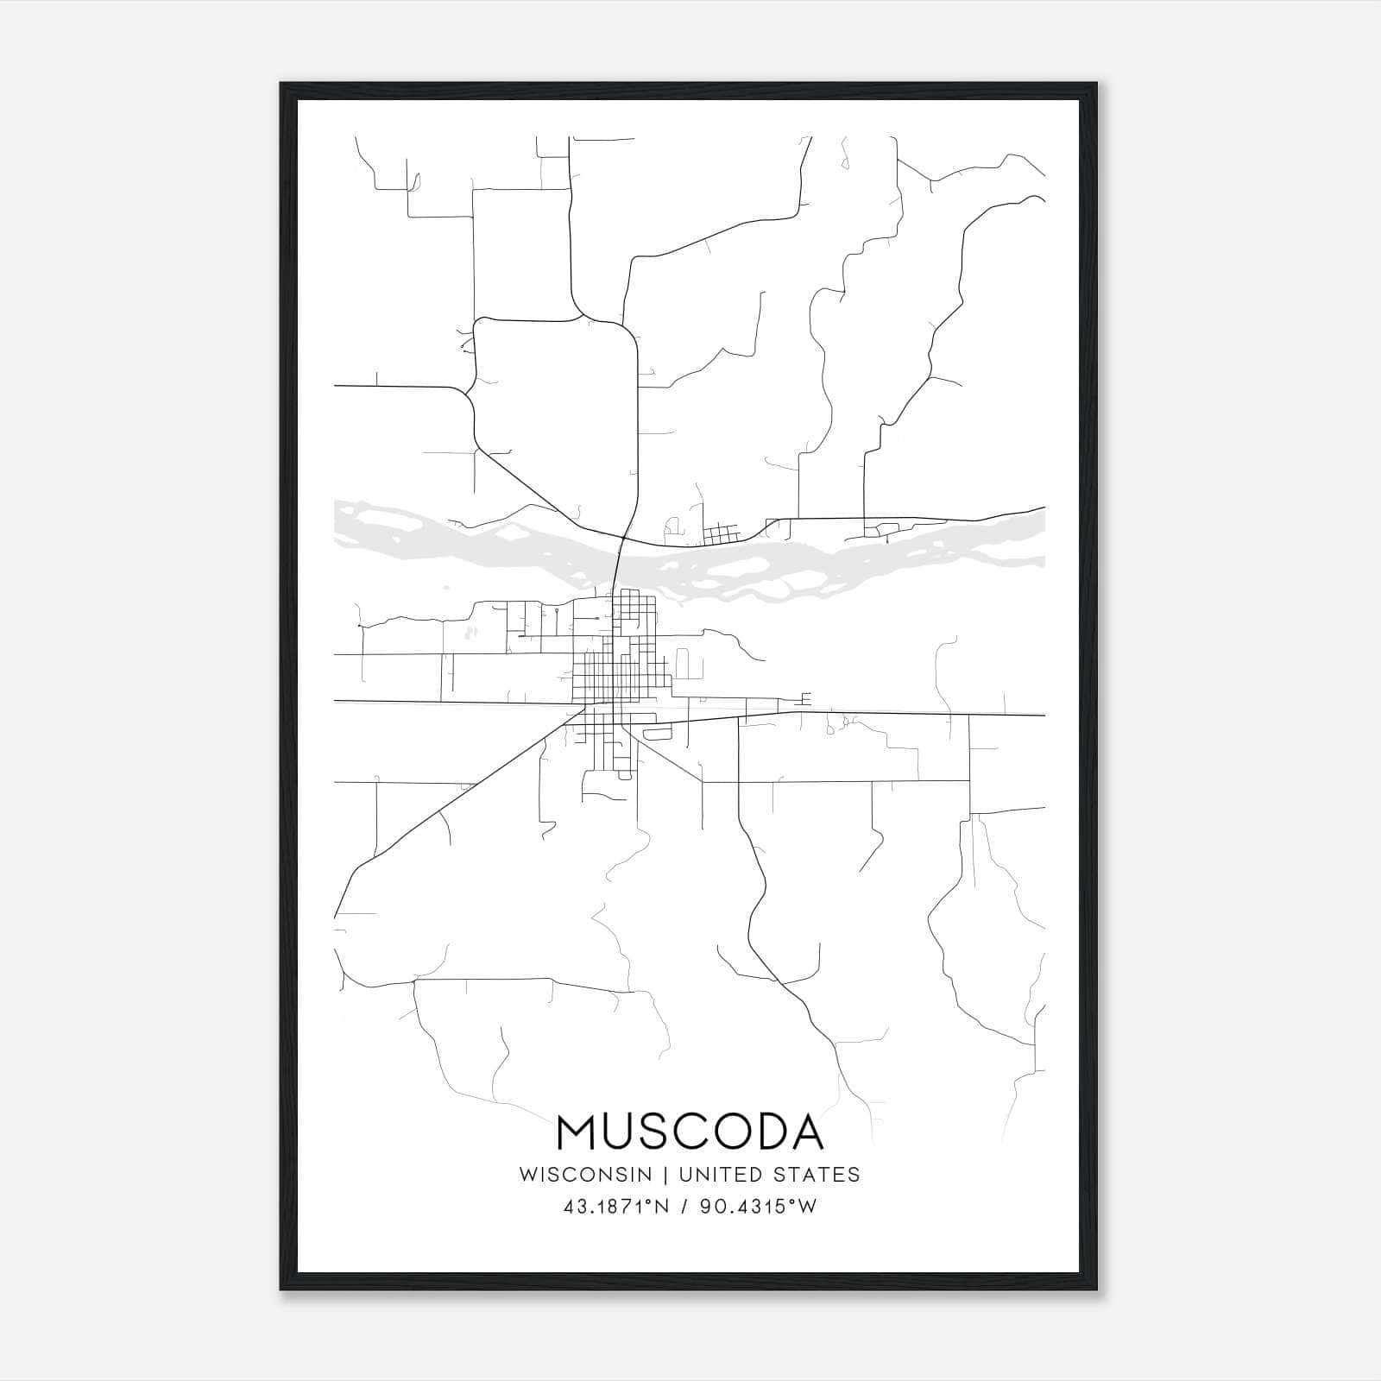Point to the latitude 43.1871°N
(x=616, y=1207)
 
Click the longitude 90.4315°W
(x=757, y=1207)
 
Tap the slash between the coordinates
(x=683, y=1207)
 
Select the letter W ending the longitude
(x=808, y=1207)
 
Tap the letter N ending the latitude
(x=664, y=1207)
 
